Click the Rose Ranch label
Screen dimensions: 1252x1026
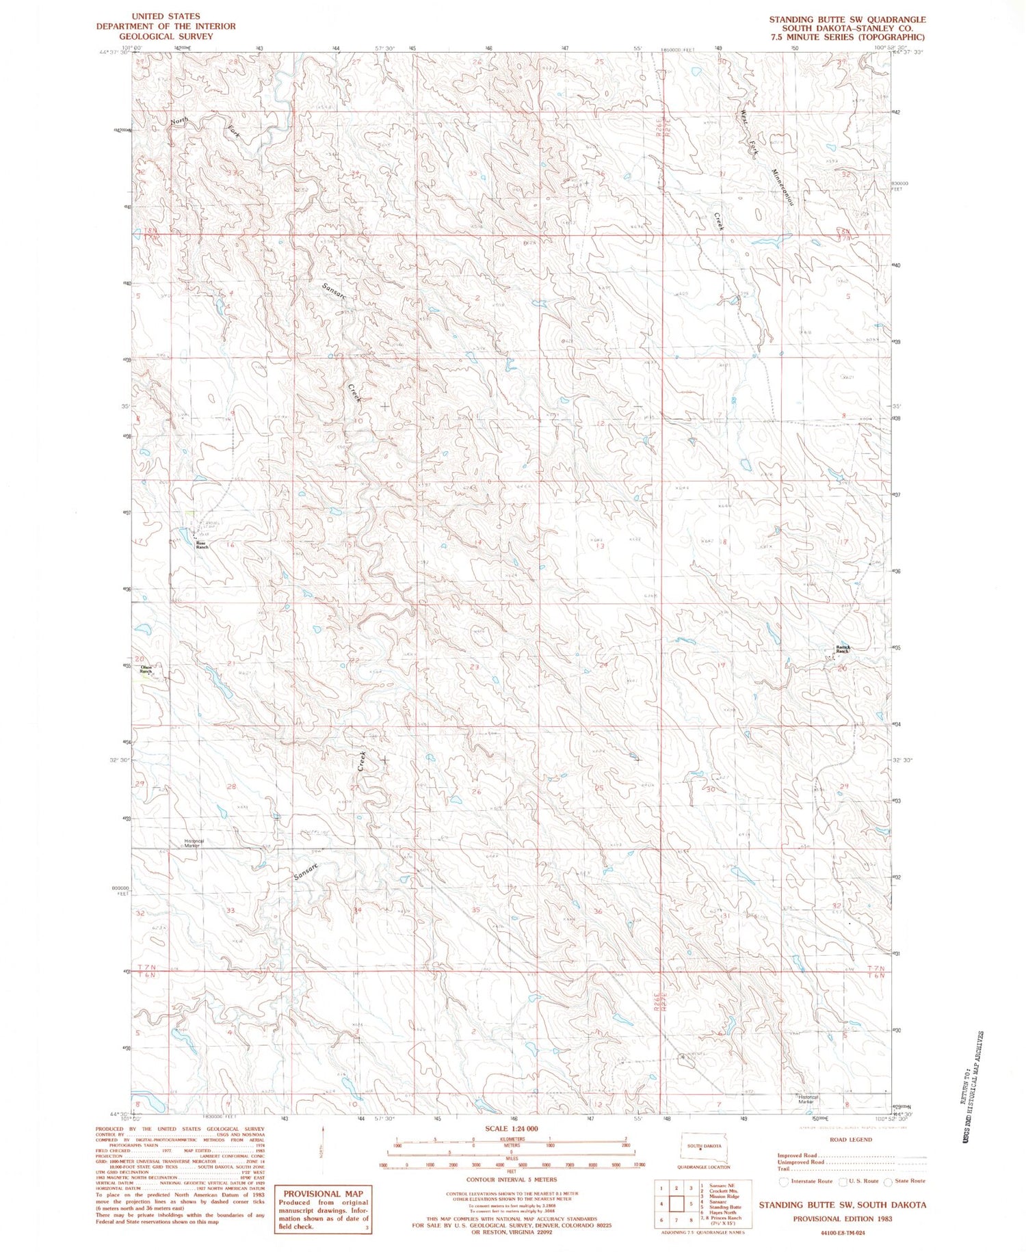click(x=201, y=546)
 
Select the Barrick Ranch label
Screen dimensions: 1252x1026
click(x=842, y=649)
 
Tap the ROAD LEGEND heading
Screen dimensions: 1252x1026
click(x=850, y=1140)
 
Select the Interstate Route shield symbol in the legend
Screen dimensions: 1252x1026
click(x=784, y=1181)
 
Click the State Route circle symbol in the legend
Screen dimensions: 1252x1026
click(x=888, y=1181)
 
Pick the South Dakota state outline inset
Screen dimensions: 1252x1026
click(x=703, y=1147)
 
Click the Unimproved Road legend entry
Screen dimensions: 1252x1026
click(x=800, y=1162)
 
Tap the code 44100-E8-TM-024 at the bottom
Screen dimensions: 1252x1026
click(x=842, y=1233)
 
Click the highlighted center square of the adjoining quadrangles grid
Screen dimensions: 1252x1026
click(x=676, y=1203)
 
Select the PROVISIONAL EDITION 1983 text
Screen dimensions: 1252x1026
click(x=842, y=1218)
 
